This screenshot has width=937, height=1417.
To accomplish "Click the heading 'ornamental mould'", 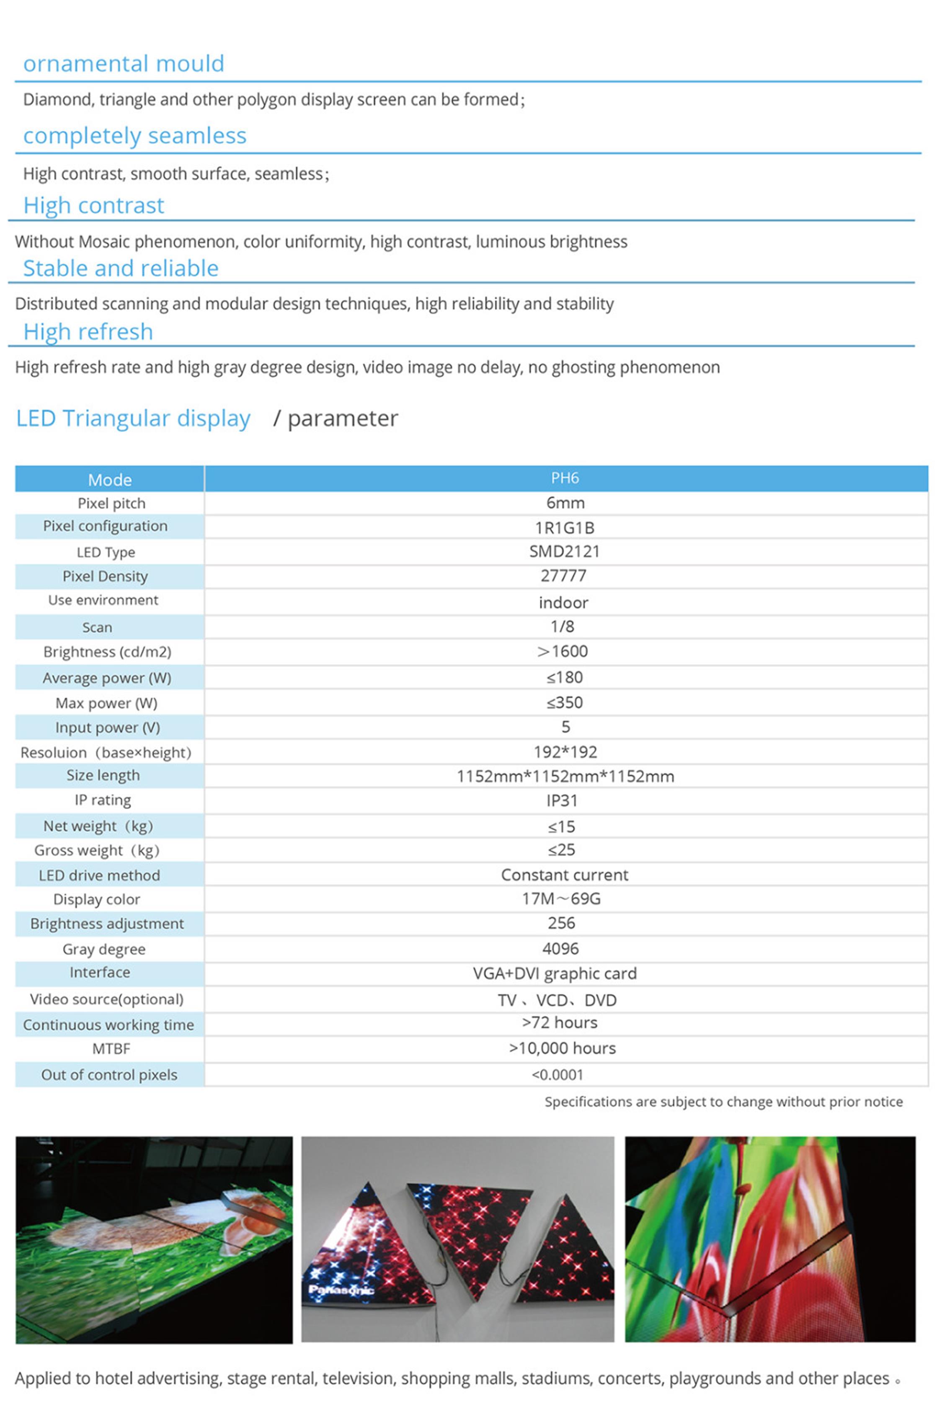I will click(124, 63).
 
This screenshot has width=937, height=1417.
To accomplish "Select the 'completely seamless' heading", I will click(134, 136).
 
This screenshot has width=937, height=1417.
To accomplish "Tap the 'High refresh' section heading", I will click(88, 332).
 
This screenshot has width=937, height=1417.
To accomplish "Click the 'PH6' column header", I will click(565, 478).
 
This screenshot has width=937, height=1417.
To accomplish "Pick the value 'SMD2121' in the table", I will click(564, 551).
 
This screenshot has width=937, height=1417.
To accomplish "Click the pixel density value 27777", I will click(563, 576).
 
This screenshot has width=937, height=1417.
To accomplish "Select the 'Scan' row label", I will click(97, 627).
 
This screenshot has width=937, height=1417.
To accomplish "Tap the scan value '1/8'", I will click(562, 627).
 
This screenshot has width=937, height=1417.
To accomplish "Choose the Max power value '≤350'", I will click(564, 702).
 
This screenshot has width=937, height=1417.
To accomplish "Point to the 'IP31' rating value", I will click(562, 800).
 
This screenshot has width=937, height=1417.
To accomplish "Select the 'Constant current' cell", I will click(564, 875).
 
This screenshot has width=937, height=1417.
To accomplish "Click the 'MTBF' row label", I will click(111, 1049).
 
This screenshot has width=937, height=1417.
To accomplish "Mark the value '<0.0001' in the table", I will click(557, 1075).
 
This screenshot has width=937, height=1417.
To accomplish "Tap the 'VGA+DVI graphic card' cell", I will click(555, 974).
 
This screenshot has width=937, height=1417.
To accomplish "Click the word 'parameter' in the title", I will click(342, 419).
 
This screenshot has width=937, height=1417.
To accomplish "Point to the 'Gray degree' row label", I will click(104, 949).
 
